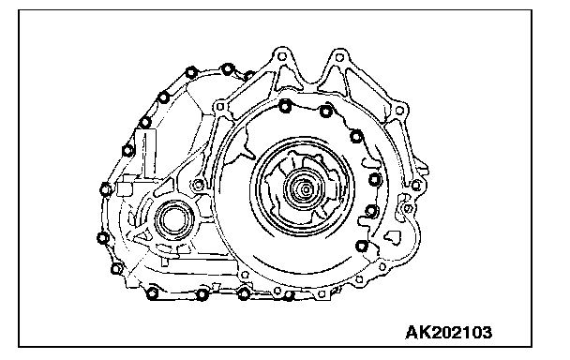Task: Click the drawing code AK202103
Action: [x=448, y=333]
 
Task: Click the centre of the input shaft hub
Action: [x=306, y=189]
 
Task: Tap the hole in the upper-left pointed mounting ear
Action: [x=282, y=57]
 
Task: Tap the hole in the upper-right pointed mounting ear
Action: [x=339, y=57]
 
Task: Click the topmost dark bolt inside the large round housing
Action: [x=285, y=107]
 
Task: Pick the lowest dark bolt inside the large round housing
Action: [x=361, y=247]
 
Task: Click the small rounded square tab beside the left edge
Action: [x=125, y=189]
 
